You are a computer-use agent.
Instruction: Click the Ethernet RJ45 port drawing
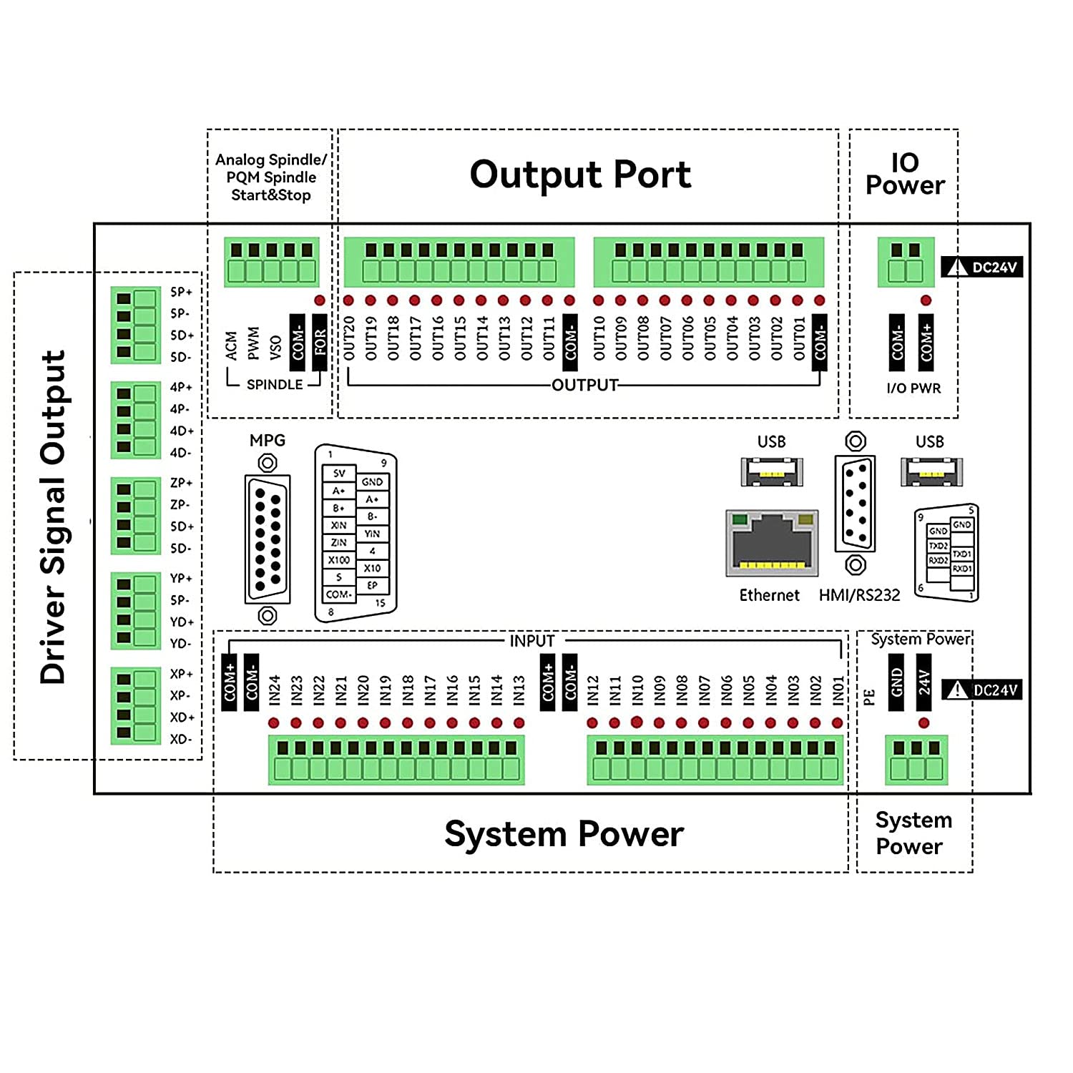tap(772, 544)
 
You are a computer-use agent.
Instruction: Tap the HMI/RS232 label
tap(859, 595)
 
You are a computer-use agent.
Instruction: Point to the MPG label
tap(268, 441)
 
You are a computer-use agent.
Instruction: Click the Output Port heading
tap(580, 175)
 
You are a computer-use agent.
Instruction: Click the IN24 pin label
tap(275, 690)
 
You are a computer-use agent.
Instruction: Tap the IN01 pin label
tap(838, 690)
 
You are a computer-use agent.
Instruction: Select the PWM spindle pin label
tap(253, 343)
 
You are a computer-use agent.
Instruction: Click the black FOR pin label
tap(320, 342)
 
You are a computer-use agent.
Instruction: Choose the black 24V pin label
tap(924, 682)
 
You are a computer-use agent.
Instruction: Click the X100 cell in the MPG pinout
tap(339, 560)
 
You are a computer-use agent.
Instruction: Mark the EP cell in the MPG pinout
tap(372, 585)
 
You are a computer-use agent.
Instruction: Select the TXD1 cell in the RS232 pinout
tap(962, 554)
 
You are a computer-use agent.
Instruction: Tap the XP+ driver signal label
tap(182, 674)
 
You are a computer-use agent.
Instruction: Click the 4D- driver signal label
tap(181, 453)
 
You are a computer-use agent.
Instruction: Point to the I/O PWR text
tap(913, 388)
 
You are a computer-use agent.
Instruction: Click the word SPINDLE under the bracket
tap(275, 385)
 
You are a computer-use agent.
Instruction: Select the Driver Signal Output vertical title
tap(54, 516)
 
